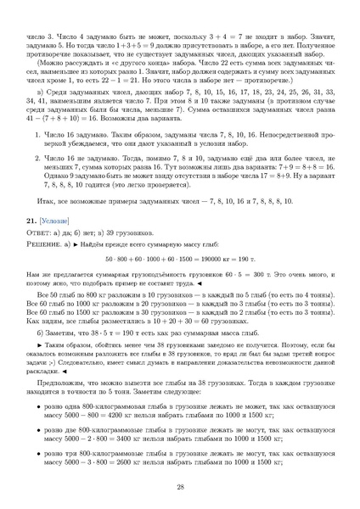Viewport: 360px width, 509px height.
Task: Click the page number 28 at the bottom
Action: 180,487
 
